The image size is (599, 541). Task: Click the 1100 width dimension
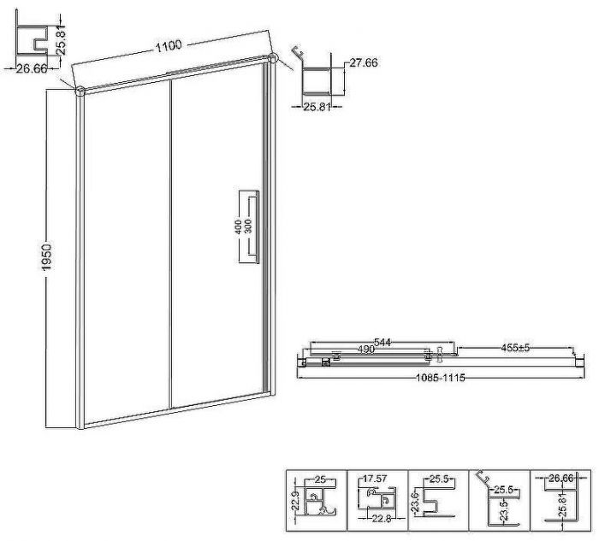coord(168,46)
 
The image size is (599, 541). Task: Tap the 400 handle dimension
coord(239,227)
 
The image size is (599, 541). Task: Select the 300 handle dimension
coord(248,226)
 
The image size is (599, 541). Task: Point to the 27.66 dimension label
coord(364,62)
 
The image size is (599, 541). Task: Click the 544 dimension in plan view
coord(383,342)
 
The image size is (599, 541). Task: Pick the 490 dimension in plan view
coord(365,349)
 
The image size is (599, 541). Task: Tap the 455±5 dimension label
coord(515,348)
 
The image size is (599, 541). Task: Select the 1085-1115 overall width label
coord(441,378)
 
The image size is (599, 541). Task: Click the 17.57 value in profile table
coord(375,478)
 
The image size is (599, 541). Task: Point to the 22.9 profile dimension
coord(294,501)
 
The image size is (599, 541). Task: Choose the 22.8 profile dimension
coord(382,519)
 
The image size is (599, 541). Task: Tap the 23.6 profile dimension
coord(416,502)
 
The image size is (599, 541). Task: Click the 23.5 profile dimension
coord(505,510)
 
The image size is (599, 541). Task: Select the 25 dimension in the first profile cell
coord(320,479)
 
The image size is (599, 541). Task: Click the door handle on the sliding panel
coord(255,226)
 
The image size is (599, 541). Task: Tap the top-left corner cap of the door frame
coord(80,91)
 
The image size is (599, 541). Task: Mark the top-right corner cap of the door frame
coord(272,58)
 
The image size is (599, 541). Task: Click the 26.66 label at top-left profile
coord(32,68)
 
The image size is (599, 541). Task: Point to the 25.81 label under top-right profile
coord(317,107)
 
